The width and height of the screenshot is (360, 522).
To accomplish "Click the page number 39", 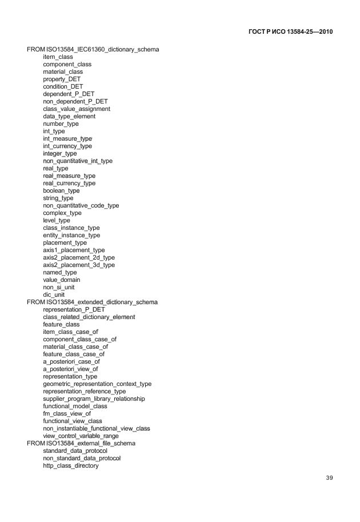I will pyautogui.click(x=329, y=478).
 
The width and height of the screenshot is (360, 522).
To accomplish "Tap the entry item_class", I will pyautogui.click(x=58, y=57).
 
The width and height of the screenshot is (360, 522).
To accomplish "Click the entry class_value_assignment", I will pyautogui.click(x=77, y=109).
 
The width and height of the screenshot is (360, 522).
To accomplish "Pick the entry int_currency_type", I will pyautogui.click(x=67, y=146).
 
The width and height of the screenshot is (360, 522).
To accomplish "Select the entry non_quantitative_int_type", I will pyautogui.click(x=78, y=161).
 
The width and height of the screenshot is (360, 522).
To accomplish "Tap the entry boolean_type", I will pyautogui.click(x=61, y=191).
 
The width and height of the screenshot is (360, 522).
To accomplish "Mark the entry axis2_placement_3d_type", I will pyautogui.click(x=79, y=265).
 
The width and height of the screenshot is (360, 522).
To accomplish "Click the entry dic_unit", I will pyautogui.click(x=54, y=295).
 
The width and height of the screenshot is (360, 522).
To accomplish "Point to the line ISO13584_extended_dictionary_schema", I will pyautogui.click(x=92, y=302).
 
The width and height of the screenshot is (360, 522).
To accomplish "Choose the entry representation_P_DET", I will pyautogui.click(x=74, y=309).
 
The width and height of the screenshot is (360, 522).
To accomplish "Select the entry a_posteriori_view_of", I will pyautogui.click(x=71, y=369).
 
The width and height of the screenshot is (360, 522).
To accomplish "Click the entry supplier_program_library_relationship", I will pyautogui.click(x=94, y=399).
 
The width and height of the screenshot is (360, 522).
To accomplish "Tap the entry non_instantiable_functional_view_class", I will pyautogui.click(x=97, y=429).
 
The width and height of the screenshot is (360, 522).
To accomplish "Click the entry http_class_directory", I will pyautogui.click(x=71, y=466).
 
